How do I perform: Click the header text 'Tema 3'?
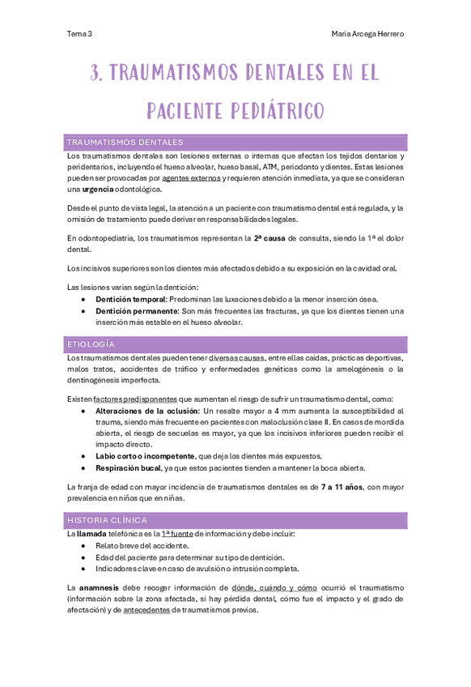point(79,34)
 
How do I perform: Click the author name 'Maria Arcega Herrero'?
point(367,34)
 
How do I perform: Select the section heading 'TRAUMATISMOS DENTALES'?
point(125,142)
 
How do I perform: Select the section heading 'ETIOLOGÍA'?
point(91,344)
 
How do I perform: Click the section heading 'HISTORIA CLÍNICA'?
point(108,520)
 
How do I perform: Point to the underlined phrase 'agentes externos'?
point(191,177)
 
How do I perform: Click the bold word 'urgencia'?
point(98,189)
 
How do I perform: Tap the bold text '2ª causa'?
point(270,238)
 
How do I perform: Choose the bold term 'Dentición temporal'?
point(130,299)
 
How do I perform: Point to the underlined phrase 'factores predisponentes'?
point(135,399)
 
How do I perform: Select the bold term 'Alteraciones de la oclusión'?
point(147,411)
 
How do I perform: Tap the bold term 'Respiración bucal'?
point(128,467)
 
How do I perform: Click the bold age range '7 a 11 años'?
point(341,487)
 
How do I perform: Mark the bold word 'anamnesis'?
point(101,587)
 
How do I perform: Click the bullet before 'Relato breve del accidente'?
point(84,546)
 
